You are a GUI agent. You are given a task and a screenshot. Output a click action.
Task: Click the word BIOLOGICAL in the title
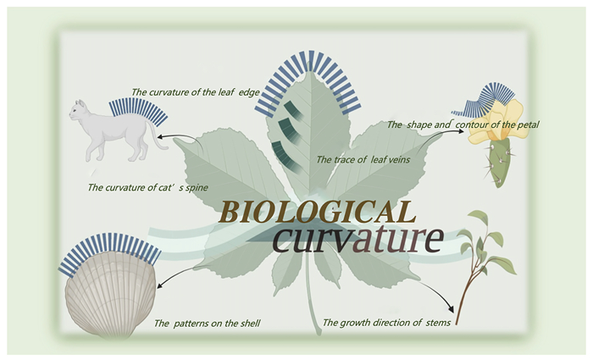coord(318,212)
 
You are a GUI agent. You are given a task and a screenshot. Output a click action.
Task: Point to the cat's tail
coord(154,136)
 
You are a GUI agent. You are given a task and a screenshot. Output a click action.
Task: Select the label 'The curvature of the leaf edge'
coord(196,92)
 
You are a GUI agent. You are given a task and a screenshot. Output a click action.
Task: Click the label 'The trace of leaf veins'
coord(363,159)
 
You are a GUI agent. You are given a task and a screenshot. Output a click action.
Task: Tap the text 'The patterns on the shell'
coord(208,324)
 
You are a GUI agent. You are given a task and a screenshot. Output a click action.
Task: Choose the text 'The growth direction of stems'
coord(386,323)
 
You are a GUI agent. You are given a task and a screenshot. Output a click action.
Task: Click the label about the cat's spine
coord(148,187)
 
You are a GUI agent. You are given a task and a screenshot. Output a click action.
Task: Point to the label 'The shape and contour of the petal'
coord(463,125)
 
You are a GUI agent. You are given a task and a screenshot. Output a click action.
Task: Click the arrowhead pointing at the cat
coord(160,137)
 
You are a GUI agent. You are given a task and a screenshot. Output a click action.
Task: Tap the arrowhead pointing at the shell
coord(160,285)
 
